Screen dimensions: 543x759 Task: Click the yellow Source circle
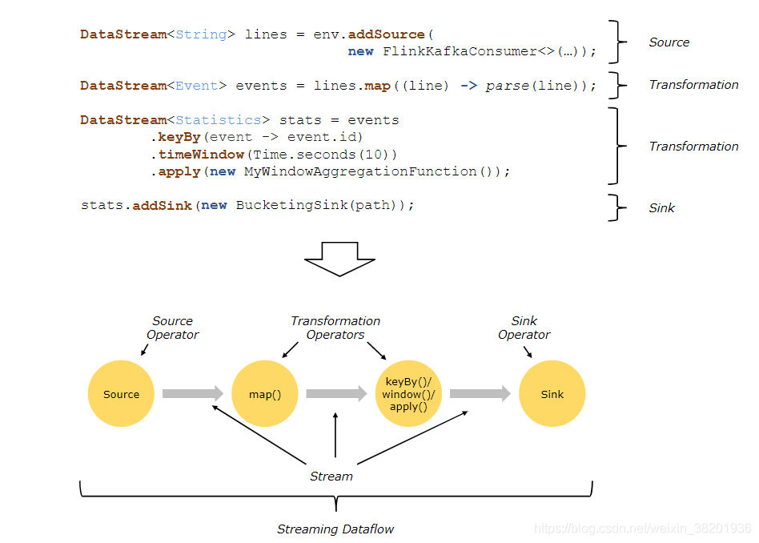coord(121,394)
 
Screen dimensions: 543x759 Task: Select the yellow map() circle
coord(265,394)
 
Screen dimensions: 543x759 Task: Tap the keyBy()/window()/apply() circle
coord(408,394)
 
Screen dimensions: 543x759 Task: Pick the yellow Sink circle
coord(552,394)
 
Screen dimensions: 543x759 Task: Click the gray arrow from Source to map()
coord(193,393)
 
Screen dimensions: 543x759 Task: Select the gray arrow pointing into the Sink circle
coord(480,393)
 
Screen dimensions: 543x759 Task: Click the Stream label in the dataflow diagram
coord(331,477)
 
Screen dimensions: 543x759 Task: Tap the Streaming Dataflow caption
coord(335,529)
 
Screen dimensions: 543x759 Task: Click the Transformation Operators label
coord(335,328)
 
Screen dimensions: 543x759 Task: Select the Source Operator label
coord(172,328)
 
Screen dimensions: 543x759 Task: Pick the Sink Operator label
coord(524,328)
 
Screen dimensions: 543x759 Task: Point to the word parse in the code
coord(507,86)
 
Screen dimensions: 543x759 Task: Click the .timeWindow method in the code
coord(198,154)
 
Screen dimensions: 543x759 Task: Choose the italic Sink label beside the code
coord(662,208)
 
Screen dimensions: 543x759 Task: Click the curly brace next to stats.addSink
coord(613,207)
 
